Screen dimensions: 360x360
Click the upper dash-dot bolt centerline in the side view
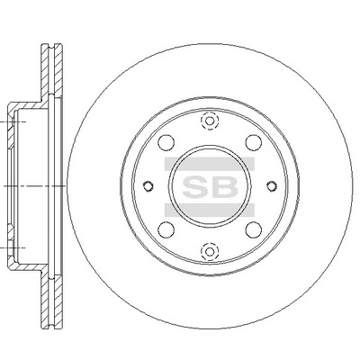[18, 115]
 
